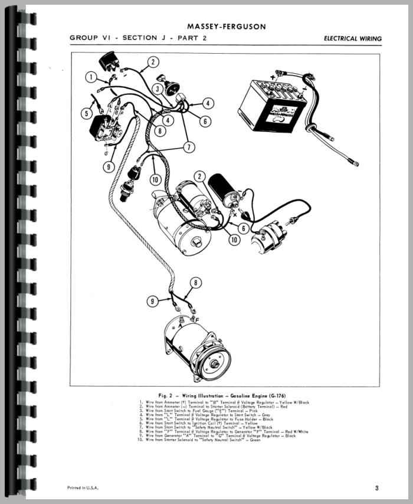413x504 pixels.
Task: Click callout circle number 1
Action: [x=91, y=77]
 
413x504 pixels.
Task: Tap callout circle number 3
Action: [x=158, y=89]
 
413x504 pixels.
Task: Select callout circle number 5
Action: [x=87, y=113]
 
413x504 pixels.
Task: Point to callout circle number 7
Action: [x=188, y=146]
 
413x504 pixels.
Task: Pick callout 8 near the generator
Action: [x=196, y=282]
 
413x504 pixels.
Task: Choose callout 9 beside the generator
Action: [x=153, y=302]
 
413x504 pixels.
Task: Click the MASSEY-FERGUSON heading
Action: [x=226, y=27]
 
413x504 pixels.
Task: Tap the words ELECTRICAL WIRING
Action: [x=353, y=39]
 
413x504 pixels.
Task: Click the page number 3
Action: [x=376, y=487]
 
